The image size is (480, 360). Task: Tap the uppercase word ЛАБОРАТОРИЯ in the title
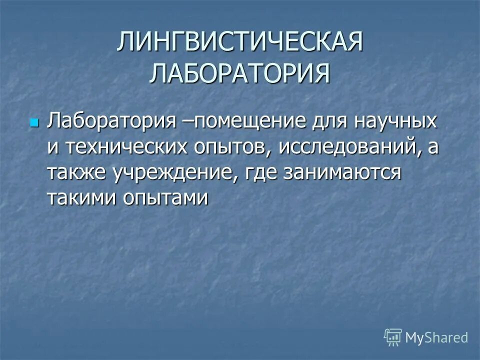tap(240, 73)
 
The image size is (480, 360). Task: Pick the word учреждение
tap(175, 172)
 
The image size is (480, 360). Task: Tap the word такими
tap(81, 198)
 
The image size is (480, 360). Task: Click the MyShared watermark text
tap(436, 337)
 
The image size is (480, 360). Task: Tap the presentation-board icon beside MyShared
tap(393, 337)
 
